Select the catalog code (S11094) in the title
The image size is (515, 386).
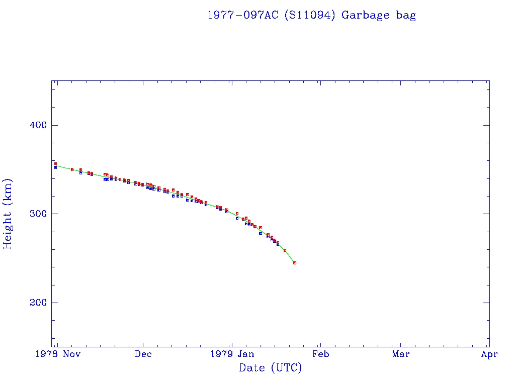pos(309,15)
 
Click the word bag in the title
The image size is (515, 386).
pos(406,15)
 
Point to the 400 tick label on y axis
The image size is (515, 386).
pos(35,125)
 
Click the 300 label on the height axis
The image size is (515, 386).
pos(35,214)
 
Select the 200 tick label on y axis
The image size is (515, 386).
pos(35,303)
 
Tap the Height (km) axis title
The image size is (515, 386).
pos(8,214)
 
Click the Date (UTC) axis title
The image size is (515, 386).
pos(271,368)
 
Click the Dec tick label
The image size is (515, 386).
pos(143,354)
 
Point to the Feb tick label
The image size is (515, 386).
pos(320,354)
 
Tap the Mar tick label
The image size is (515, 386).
pos(401,354)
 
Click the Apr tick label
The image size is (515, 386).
pos(489,354)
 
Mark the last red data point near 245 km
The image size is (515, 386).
pos(295,263)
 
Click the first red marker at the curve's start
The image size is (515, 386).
pos(55,163)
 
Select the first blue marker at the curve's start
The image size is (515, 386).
pos(55,167)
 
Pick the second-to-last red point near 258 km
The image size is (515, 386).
pos(285,250)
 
